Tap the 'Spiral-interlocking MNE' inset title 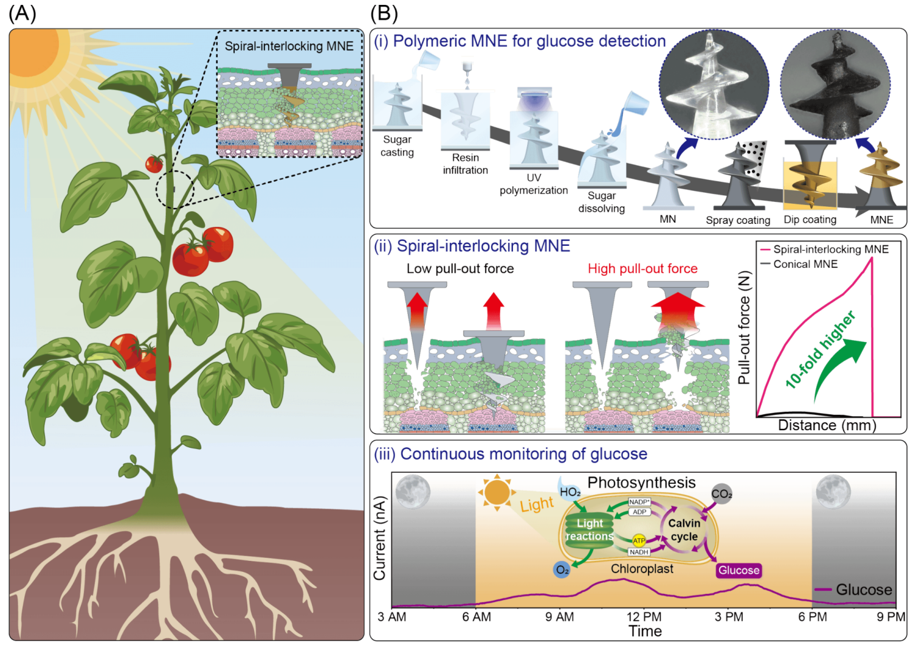click(289, 46)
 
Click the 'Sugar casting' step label click(397, 146)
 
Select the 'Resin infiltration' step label click(466, 164)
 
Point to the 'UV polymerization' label click(534, 184)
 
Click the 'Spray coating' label click(738, 220)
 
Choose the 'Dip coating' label click(810, 220)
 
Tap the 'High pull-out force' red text click(642, 268)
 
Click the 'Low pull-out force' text click(460, 268)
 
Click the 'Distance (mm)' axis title click(827, 425)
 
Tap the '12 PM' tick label click(644, 616)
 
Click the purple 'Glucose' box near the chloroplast click(739, 570)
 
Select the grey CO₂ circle click(721, 493)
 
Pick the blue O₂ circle click(562, 570)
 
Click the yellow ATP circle click(639, 541)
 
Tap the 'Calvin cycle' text click(684, 530)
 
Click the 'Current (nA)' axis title click(380, 538)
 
